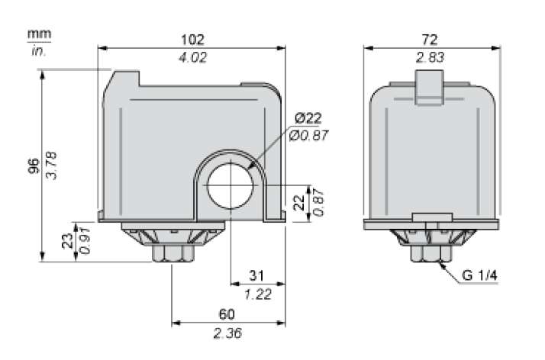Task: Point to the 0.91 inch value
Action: pyautogui.click(x=85, y=242)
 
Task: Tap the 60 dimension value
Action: pyautogui.click(x=227, y=314)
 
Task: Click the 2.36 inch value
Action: pyautogui.click(x=227, y=333)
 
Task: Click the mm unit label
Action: pyautogui.click(x=36, y=34)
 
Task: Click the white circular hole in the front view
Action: pyautogui.click(x=230, y=185)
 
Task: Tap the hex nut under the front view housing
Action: pyautogui.click(x=173, y=252)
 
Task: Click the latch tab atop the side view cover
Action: pyautogui.click(x=429, y=85)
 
